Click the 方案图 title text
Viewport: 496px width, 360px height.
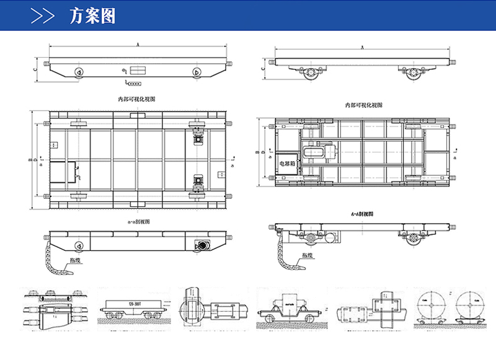click(92, 15)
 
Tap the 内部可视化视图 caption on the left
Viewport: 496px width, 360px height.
click(137, 99)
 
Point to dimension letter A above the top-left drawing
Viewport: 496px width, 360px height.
click(137, 44)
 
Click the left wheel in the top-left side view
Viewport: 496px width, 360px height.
click(79, 73)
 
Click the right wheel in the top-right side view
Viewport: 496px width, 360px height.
click(412, 73)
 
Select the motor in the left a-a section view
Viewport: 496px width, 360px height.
click(201, 245)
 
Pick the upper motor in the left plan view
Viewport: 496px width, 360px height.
click(199, 135)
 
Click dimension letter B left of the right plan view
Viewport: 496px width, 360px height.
click(257, 152)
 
